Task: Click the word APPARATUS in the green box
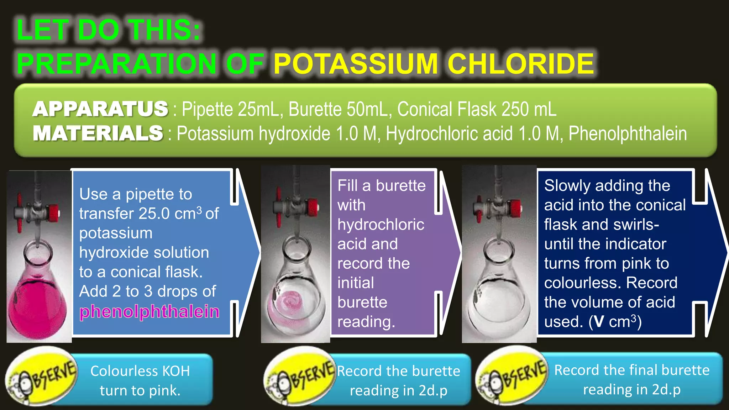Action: (100, 109)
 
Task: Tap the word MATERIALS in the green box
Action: (98, 133)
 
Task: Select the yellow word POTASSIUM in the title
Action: (355, 64)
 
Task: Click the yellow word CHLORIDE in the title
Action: (521, 64)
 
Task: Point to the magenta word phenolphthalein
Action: (149, 311)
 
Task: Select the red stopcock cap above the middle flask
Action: (312, 206)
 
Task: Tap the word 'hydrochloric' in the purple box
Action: (381, 225)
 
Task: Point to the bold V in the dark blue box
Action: (599, 322)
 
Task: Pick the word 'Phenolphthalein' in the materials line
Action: (628, 134)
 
